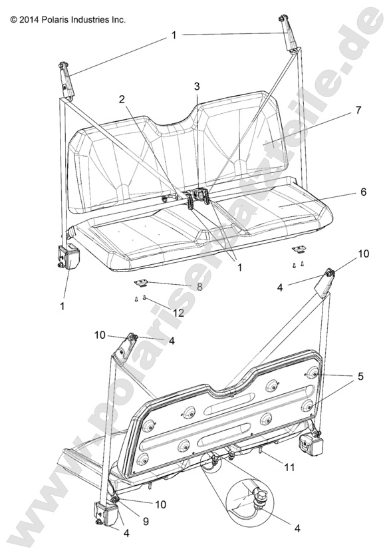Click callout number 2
(122, 99)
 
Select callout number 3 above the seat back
(197, 87)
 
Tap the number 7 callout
(358, 110)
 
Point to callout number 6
(363, 192)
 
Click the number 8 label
(199, 287)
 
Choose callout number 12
(179, 313)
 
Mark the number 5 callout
(360, 376)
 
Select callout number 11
(289, 467)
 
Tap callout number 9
(146, 521)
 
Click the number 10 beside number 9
(161, 504)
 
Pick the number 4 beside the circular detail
(297, 528)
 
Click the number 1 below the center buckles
(239, 268)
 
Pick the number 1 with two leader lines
(174, 35)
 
